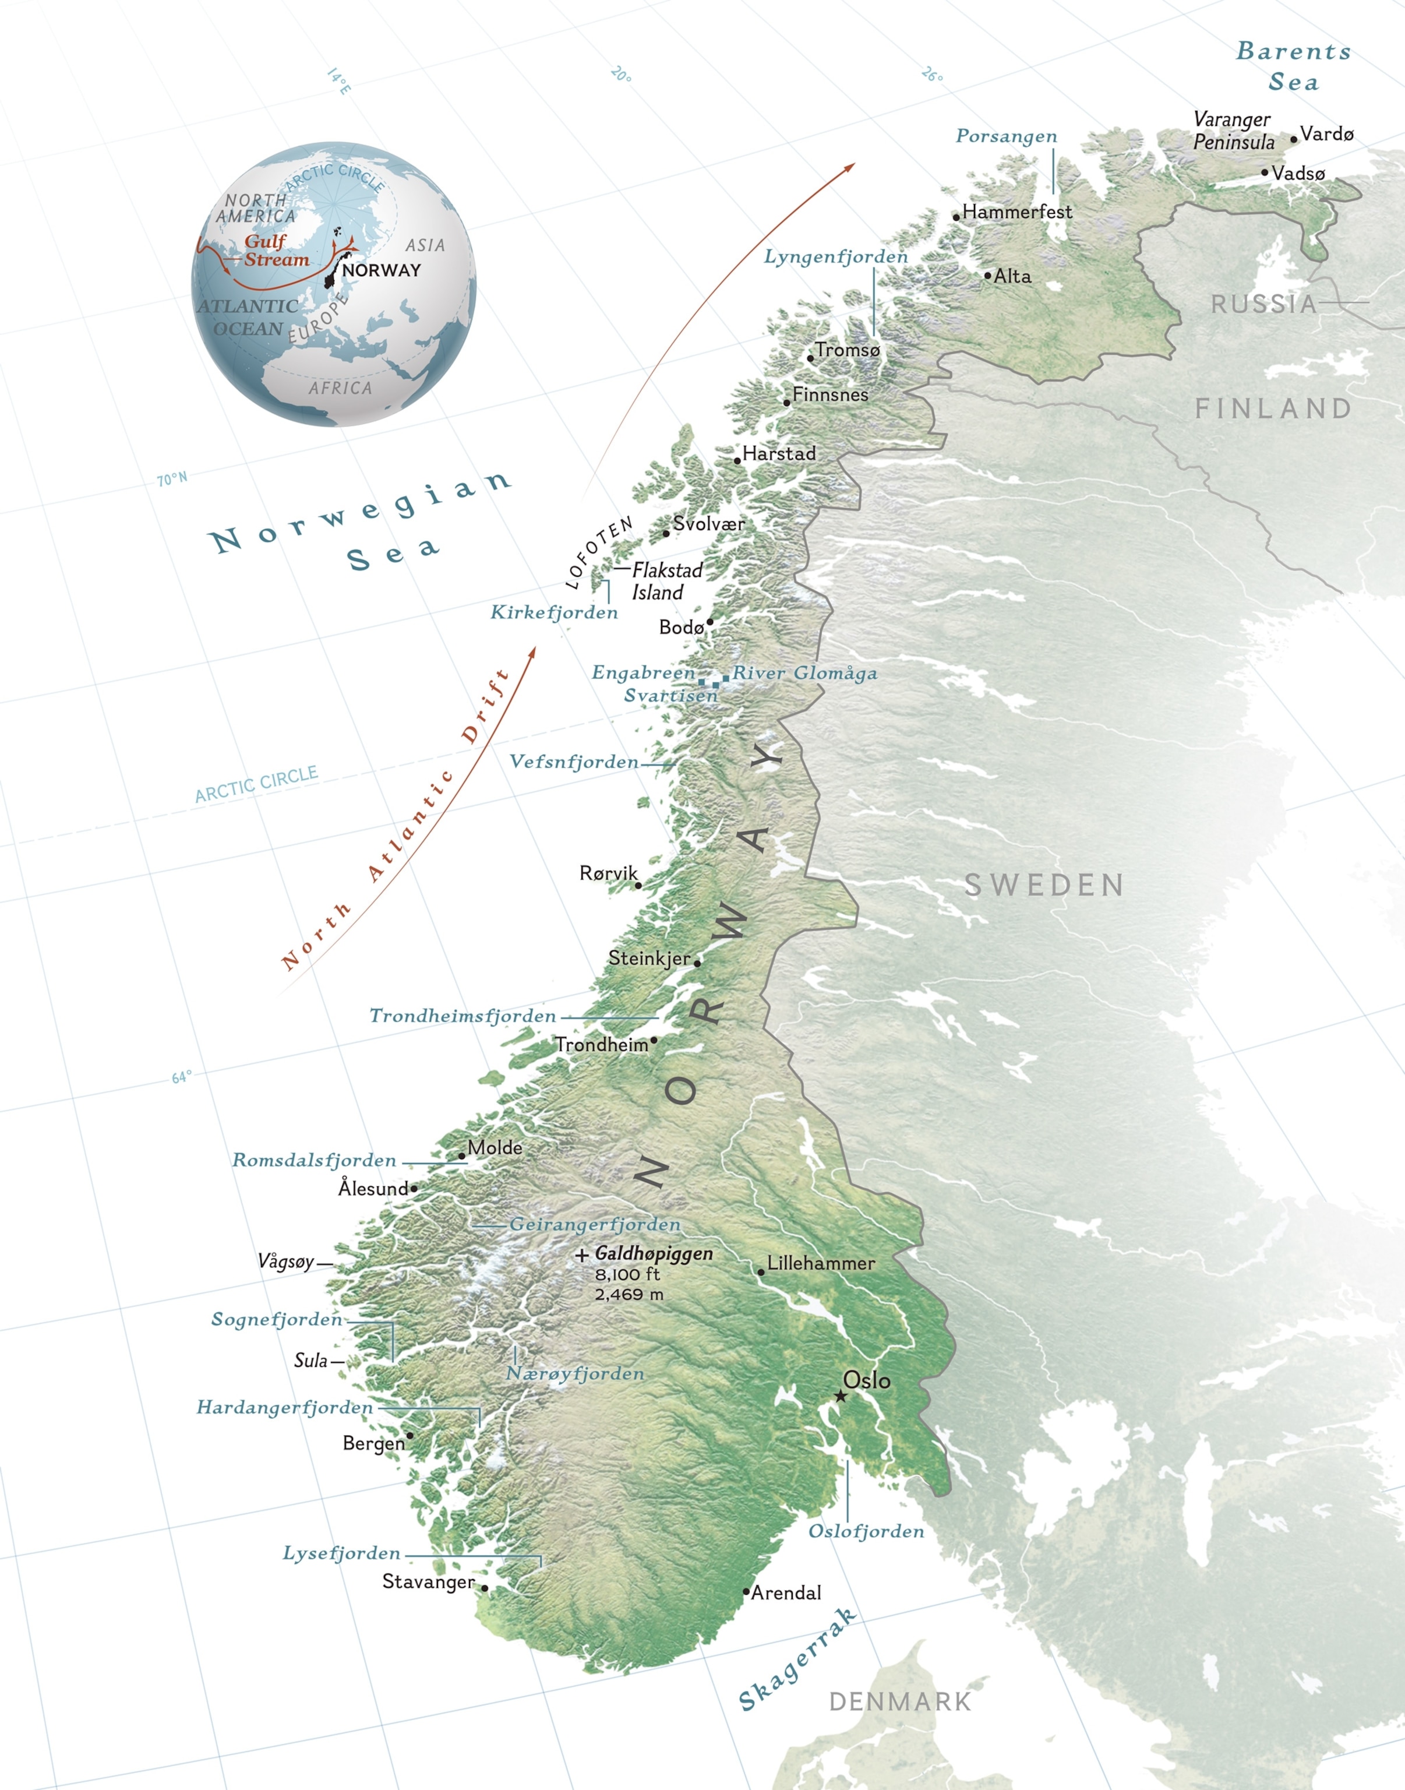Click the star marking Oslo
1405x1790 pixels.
click(840, 1396)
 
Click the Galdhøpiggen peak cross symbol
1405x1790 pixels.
click(581, 1255)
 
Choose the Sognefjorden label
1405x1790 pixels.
click(276, 1319)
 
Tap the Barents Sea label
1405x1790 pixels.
click(1293, 66)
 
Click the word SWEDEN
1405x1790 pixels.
click(1044, 886)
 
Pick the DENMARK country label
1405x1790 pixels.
click(900, 1702)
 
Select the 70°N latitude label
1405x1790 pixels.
click(172, 479)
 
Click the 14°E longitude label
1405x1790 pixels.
click(338, 80)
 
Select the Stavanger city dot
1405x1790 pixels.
click(485, 1588)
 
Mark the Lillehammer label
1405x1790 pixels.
click(820, 1263)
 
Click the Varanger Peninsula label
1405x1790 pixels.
click(1233, 131)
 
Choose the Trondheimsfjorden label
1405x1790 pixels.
click(463, 1016)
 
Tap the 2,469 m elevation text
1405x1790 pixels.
click(629, 1295)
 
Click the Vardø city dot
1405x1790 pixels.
click(1293, 139)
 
